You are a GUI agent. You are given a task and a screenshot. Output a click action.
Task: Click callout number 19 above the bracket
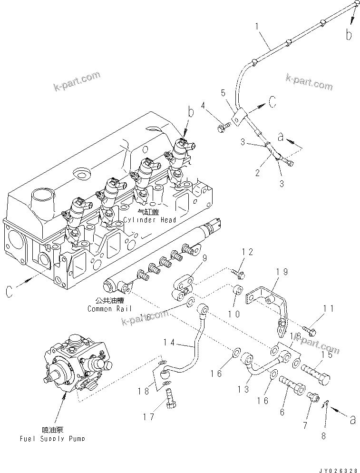[x=282, y=272]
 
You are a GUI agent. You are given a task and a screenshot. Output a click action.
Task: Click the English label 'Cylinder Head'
[x=150, y=220]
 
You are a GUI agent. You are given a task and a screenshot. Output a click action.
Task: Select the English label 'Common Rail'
[x=107, y=309]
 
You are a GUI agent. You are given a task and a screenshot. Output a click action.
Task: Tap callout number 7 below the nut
[x=305, y=425]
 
